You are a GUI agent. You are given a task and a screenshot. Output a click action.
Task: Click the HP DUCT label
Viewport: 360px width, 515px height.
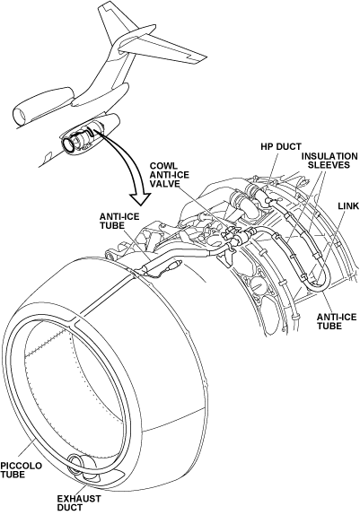pyautogui.click(x=281, y=146)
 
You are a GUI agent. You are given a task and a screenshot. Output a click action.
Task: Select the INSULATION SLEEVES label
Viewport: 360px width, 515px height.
pyautogui.click(x=329, y=161)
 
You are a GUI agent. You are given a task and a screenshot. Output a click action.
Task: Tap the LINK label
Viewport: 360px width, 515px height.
pyautogui.click(x=348, y=206)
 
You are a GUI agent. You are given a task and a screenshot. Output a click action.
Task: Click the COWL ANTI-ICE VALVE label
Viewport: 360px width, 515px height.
pyautogui.click(x=170, y=174)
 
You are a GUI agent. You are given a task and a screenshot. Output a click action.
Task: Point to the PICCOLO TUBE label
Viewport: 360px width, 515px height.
pyautogui.click(x=21, y=470)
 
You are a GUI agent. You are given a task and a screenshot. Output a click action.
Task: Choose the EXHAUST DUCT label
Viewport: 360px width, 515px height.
pyautogui.click(x=79, y=502)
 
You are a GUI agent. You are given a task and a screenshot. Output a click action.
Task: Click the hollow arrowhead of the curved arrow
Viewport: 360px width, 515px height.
pyautogui.click(x=140, y=198)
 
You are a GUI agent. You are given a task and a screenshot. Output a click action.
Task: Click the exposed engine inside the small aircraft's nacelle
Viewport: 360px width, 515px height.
pyautogui.click(x=79, y=140)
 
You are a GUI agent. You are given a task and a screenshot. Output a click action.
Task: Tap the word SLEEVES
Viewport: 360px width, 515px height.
pyautogui.click(x=330, y=164)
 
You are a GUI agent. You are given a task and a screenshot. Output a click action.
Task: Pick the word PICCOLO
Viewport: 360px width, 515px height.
pyautogui.click(x=21, y=466)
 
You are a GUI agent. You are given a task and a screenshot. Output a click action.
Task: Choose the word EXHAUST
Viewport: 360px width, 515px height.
pyautogui.click(x=79, y=499)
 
